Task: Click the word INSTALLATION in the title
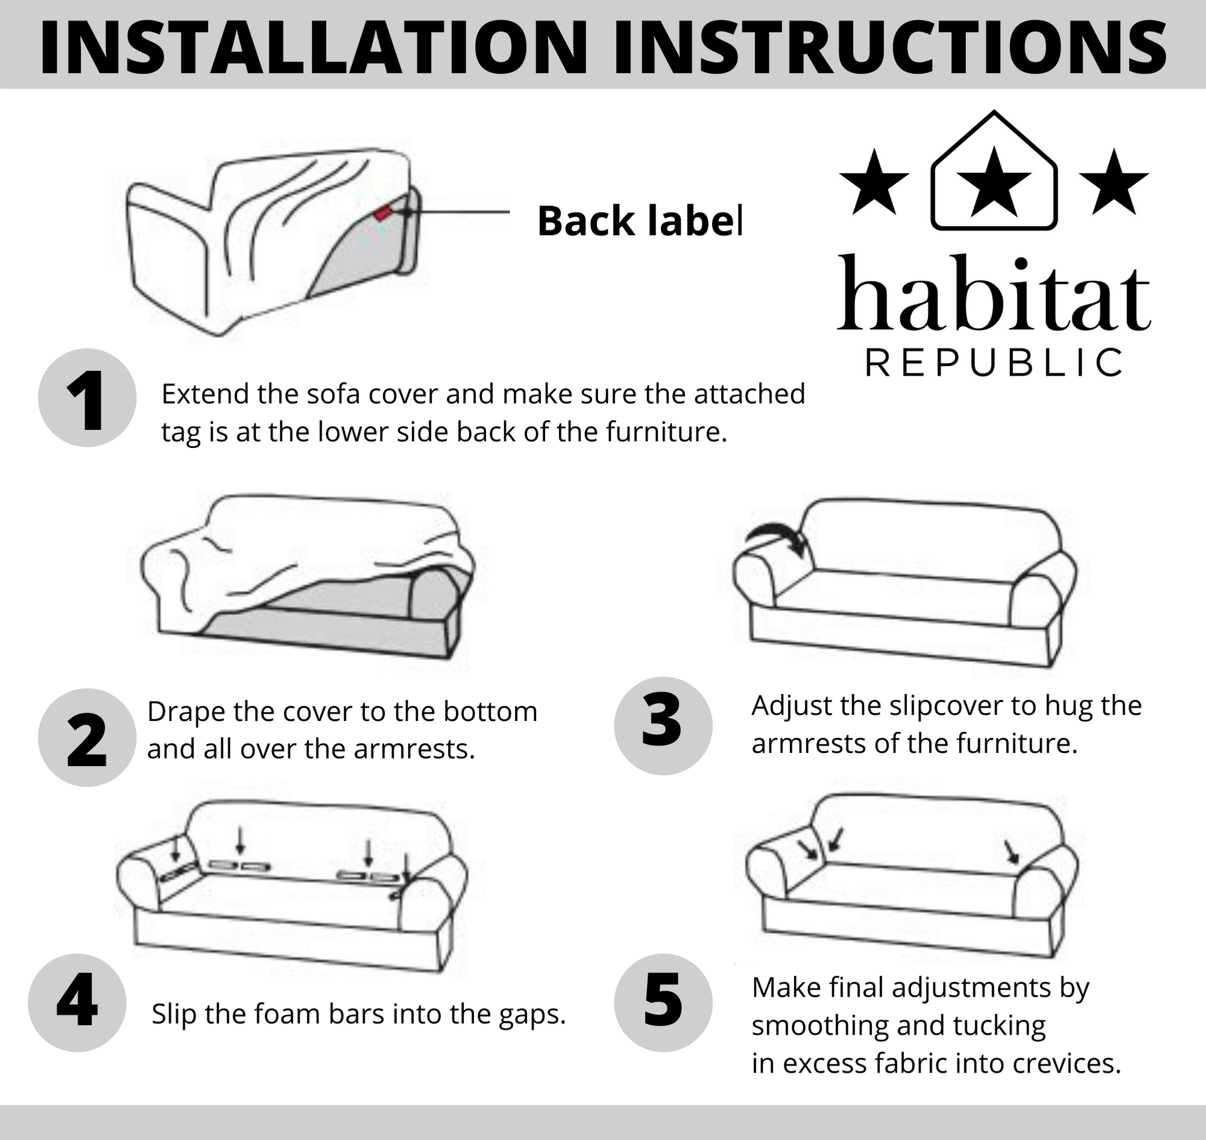point(314,46)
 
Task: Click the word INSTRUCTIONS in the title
point(890,46)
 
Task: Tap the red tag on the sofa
point(384,213)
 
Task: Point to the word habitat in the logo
point(994,293)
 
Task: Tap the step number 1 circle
point(87,397)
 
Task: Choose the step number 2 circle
point(87,737)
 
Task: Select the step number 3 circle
point(663,726)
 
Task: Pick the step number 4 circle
point(77,1003)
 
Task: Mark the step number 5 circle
point(663,1003)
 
